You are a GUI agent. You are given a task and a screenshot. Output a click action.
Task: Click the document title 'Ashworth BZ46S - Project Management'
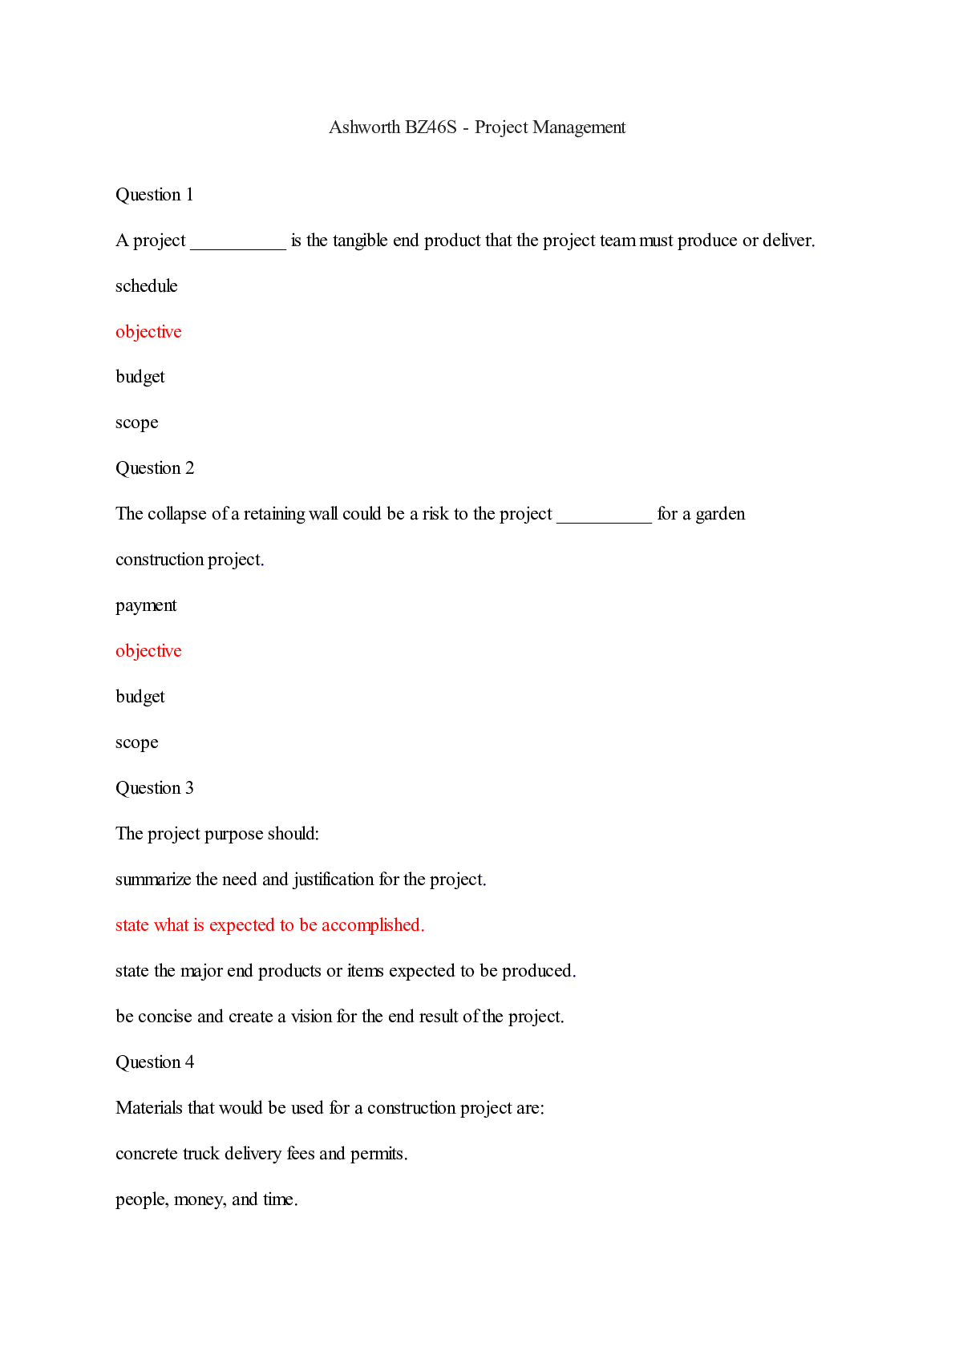tap(477, 127)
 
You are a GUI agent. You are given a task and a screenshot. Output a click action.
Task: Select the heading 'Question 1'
tap(155, 195)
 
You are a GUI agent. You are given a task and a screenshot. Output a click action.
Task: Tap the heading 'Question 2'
tap(155, 468)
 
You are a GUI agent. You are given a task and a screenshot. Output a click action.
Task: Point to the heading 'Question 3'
tap(155, 788)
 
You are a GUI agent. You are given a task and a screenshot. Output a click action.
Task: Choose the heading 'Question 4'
tap(155, 1062)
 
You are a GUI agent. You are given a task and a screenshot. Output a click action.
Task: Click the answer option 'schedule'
tap(147, 286)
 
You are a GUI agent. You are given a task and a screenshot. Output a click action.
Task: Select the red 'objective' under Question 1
tap(148, 332)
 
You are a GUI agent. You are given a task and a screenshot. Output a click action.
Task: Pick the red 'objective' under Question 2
tap(148, 651)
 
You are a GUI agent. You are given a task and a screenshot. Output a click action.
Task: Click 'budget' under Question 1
tap(140, 377)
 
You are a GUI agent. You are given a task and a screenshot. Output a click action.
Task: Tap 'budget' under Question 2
tap(140, 697)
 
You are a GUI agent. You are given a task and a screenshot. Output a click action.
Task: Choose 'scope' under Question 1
tap(137, 423)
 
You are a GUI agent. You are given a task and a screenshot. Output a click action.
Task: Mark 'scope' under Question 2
tap(137, 742)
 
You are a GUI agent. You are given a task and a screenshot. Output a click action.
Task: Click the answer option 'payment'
tap(146, 605)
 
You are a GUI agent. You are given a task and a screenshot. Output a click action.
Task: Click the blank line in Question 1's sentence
tap(238, 245)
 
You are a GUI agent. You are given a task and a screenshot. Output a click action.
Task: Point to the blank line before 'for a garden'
tap(604, 518)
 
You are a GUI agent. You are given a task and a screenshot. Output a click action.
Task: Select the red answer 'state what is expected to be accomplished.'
tap(270, 925)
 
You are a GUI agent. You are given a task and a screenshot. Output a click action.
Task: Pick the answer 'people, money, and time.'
tap(207, 1199)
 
